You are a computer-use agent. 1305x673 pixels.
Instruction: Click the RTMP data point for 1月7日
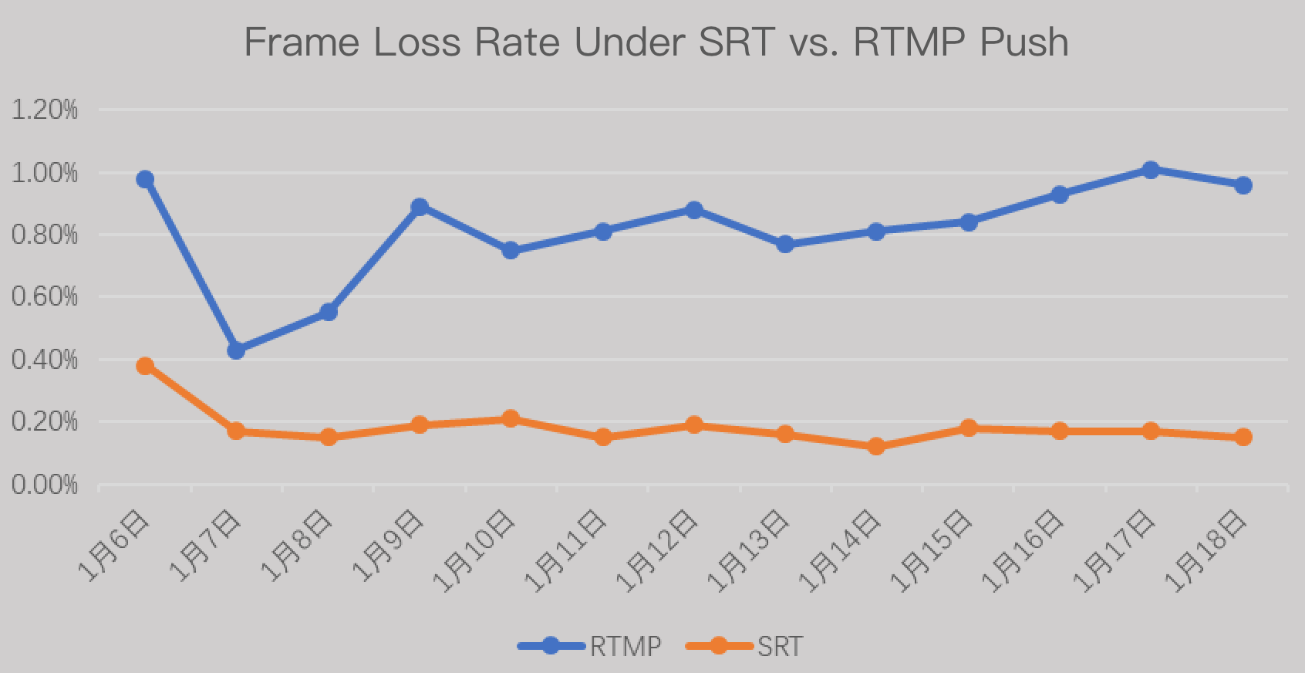point(236,350)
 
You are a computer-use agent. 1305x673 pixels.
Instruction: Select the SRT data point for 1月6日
point(145,366)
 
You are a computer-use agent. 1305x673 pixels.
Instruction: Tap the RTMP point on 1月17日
point(1151,170)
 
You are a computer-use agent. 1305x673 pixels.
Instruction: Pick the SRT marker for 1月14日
point(876,447)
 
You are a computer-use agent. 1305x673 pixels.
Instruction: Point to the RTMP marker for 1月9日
point(420,207)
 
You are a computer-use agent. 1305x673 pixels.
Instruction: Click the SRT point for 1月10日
point(511,419)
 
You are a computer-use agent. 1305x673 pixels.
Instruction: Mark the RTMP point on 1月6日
point(145,180)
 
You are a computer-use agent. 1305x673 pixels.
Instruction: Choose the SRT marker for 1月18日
point(1243,438)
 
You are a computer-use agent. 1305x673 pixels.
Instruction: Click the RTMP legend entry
point(591,645)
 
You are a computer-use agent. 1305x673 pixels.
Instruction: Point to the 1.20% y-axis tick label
point(46,110)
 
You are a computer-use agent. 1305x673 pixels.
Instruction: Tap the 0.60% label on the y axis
point(46,297)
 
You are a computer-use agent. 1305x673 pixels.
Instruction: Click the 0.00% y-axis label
point(46,485)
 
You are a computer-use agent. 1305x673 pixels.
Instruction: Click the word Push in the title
point(1023,42)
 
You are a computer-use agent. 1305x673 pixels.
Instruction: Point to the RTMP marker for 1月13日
point(785,245)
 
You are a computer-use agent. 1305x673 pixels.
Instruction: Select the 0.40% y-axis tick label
point(46,360)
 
